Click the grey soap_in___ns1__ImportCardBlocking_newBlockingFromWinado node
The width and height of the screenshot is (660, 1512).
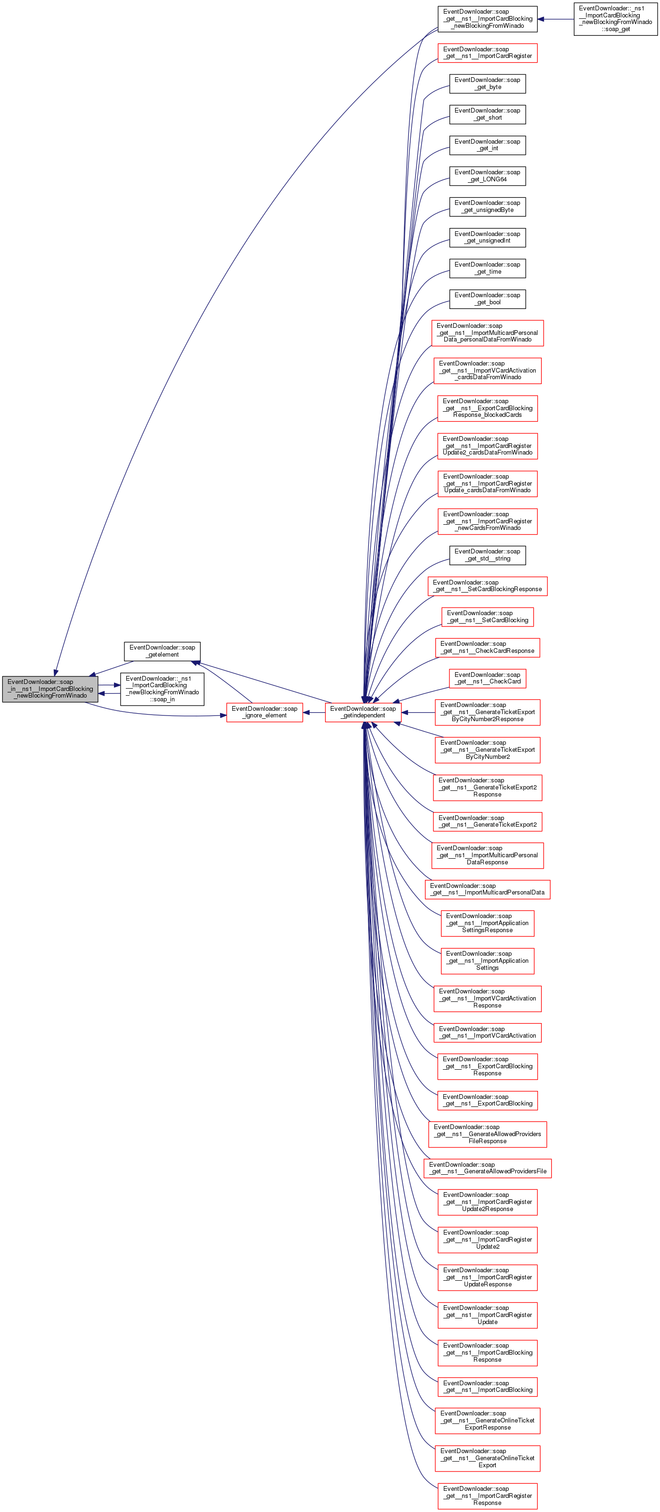(x=50, y=689)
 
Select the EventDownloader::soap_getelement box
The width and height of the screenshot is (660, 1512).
(x=162, y=651)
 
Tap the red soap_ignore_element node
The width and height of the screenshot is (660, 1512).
(x=264, y=712)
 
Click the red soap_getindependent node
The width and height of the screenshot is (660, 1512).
(x=362, y=712)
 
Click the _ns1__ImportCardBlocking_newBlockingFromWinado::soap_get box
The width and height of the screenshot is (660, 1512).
(x=615, y=19)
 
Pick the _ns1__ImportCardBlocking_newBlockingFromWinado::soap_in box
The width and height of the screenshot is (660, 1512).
(x=162, y=689)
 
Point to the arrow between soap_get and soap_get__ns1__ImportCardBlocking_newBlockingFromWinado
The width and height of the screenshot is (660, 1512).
(x=555, y=19)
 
